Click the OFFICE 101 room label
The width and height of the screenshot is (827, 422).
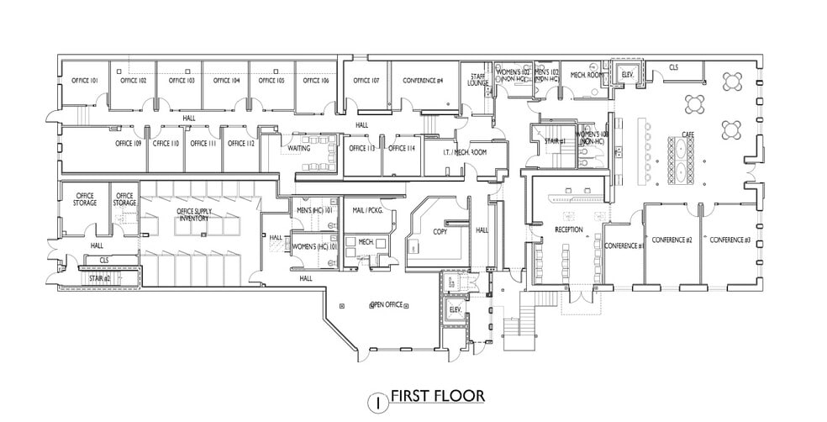pos(85,81)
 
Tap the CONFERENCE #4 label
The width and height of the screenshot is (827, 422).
pos(423,81)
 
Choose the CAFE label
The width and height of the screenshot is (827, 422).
pos(688,133)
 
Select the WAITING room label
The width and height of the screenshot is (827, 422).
pos(299,148)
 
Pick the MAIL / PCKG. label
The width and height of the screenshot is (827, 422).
pos(368,210)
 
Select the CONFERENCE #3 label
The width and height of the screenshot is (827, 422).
pos(729,240)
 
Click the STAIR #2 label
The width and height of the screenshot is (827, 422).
pos(101,277)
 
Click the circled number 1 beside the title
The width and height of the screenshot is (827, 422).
pos(378,402)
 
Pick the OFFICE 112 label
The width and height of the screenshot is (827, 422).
pos(240,144)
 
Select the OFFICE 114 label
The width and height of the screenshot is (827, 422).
pos(401,148)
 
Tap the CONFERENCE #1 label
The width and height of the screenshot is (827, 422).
pos(624,245)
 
